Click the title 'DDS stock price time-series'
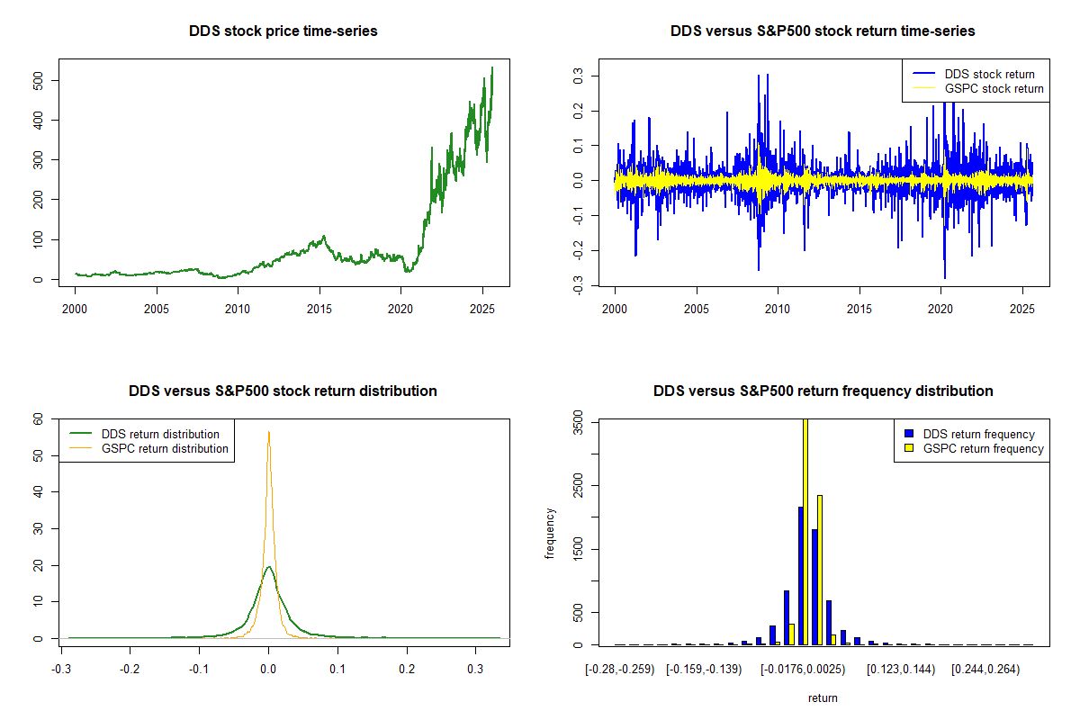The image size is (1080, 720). pos(283,31)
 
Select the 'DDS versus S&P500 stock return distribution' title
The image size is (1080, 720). pos(283,391)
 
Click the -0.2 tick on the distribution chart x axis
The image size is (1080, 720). pos(130,670)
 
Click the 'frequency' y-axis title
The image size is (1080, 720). pos(550,534)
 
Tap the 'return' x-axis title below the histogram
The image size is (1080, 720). pos(823,697)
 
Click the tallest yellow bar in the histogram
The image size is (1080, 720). pos(805,531)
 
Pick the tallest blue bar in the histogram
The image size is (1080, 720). pos(800,576)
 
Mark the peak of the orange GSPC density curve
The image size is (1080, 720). pos(268,432)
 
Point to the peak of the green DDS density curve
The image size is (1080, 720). pos(268,567)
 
